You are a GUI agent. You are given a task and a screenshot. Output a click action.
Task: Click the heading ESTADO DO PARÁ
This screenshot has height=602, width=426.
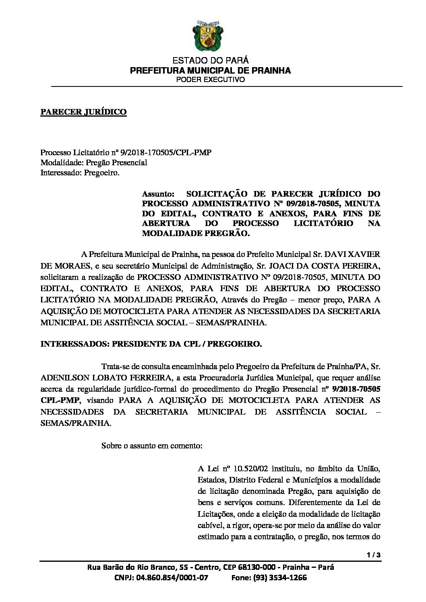(x=211, y=61)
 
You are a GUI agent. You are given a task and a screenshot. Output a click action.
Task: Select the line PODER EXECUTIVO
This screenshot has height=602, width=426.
(x=211, y=80)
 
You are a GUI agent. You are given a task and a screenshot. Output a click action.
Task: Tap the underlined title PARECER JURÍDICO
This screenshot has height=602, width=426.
(x=83, y=112)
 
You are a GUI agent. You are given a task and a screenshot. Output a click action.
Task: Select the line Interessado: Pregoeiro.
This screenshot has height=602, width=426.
(x=80, y=173)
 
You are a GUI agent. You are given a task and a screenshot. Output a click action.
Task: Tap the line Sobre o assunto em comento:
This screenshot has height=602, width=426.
(x=152, y=446)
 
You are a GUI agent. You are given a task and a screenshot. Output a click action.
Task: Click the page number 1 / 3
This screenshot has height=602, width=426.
(x=374, y=555)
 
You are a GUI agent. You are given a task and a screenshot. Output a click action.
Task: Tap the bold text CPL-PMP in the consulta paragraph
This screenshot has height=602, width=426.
(x=60, y=400)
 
